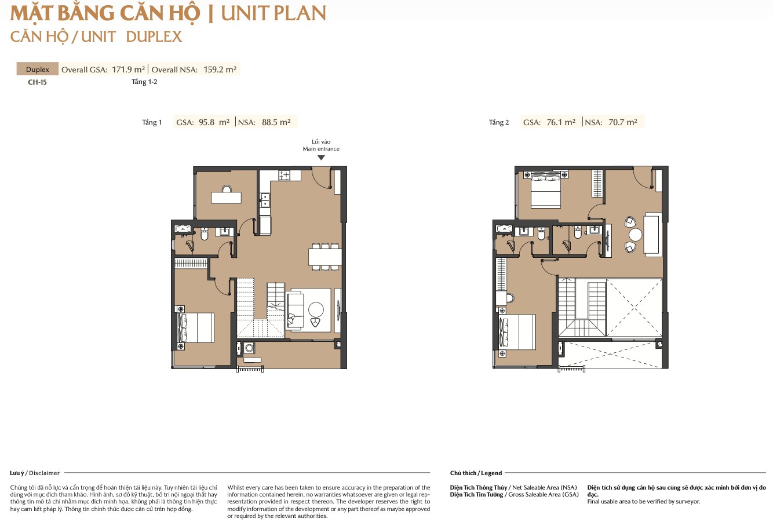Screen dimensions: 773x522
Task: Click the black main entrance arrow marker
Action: pos(321,158)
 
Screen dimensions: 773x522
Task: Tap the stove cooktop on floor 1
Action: pos(285,176)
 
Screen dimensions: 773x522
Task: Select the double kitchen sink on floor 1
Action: pos(265,200)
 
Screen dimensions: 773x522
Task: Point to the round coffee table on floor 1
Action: pos(316,309)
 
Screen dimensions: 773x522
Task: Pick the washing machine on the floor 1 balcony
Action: pos(249,348)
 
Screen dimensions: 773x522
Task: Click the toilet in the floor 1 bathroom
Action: pos(205,234)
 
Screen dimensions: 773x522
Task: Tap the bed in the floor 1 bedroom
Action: pos(196,328)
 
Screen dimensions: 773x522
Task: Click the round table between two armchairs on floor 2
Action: pos(635,235)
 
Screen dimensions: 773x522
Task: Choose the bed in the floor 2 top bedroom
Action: pos(546,191)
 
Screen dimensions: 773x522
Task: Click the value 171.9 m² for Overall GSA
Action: pos(128,70)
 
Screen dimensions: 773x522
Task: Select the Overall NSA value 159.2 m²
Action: pos(220,70)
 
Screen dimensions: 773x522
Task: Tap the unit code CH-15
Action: pos(37,82)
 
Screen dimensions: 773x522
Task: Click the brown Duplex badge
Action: pos(37,69)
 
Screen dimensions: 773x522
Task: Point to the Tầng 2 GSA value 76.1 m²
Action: pos(561,122)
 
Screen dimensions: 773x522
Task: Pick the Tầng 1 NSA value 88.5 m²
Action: pos(276,122)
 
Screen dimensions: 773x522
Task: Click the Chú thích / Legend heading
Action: pos(476,473)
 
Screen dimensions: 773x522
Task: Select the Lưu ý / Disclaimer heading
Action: pos(35,473)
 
